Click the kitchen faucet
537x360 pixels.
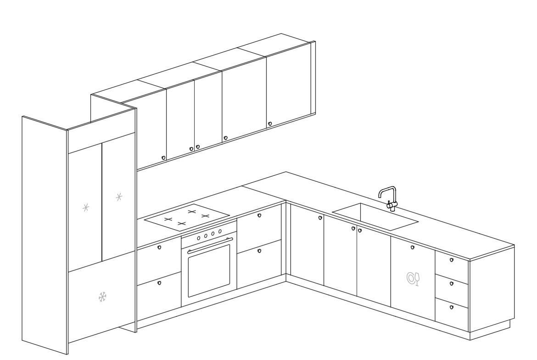pos(388,197)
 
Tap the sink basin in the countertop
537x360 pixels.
pos(375,217)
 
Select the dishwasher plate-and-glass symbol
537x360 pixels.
pos(413,279)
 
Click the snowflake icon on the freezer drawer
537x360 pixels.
pos(102,297)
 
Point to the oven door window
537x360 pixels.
pos(209,270)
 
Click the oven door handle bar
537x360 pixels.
pos(210,245)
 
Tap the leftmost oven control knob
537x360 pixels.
pos(198,238)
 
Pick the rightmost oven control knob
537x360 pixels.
pos(220,231)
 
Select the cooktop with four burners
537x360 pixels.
pos(187,216)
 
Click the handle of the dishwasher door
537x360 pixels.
pos(412,247)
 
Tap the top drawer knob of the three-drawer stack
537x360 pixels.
pos(452,260)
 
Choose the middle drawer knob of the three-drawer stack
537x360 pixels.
pos(452,284)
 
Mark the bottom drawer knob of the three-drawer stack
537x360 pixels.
pos(452,307)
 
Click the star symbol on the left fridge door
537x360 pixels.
pos(86,208)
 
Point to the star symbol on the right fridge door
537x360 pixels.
pos(119,197)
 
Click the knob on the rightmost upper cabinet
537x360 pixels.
pos(269,124)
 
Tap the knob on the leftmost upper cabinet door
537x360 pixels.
pos(163,157)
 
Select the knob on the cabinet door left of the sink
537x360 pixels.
pos(320,218)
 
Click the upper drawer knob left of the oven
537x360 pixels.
pos(159,247)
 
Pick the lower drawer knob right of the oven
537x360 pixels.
pos(259,251)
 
